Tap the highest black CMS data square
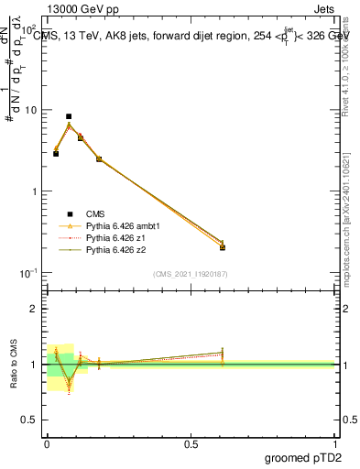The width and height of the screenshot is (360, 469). [69, 116]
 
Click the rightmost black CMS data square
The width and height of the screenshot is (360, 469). [223, 246]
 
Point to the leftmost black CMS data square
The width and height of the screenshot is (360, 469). [56, 154]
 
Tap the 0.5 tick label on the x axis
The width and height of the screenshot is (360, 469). [191, 442]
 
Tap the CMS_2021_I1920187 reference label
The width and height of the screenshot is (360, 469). [191, 274]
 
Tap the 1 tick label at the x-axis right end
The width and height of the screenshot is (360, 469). [334, 442]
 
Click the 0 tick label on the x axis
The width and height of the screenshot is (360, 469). [47, 442]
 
